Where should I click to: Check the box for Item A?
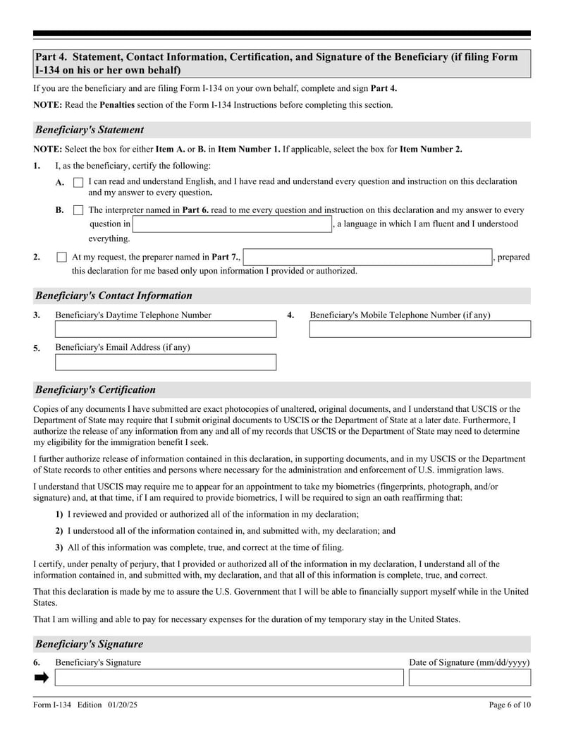tap(78, 182)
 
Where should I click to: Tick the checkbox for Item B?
tap(78, 210)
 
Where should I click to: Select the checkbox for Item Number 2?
tap(61, 257)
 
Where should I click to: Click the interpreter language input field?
tap(232, 224)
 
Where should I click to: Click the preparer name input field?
tap(367, 257)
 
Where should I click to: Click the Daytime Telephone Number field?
tap(166, 329)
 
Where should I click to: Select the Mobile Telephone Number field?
tap(419, 329)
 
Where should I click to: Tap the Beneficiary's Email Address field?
tap(166, 363)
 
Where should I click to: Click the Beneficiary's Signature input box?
tap(229, 678)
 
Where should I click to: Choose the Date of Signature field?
tap(469, 678)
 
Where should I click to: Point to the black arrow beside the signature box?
tap(42, 678)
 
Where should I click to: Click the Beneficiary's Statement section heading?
tap(90, 130)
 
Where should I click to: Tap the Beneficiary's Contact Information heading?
tap(114, 296)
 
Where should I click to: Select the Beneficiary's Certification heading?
tap(95, 389)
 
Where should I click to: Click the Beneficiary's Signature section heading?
tap(89, 644)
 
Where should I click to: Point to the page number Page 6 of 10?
tap(510, 705)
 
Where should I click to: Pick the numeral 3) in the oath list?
tap(59, 547)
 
